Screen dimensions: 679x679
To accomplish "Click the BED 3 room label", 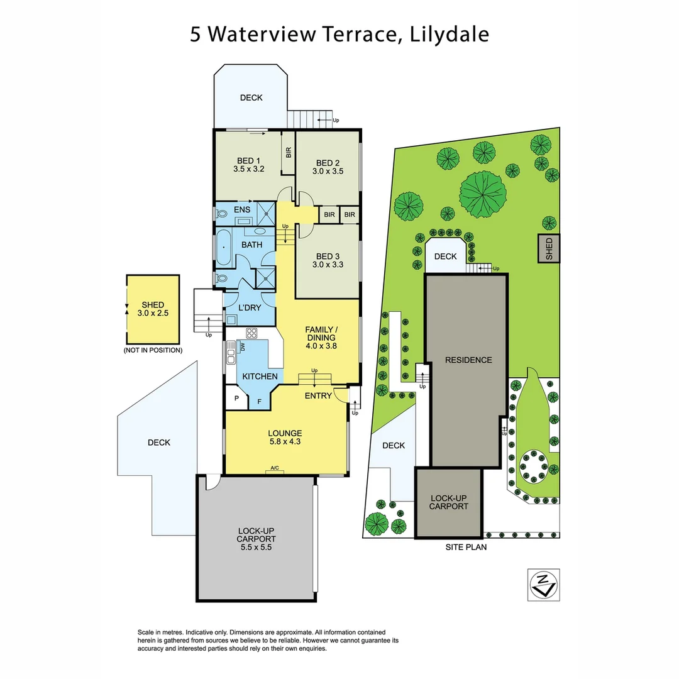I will [x=328, y=256].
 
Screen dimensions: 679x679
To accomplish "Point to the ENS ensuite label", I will [x=242, y=210].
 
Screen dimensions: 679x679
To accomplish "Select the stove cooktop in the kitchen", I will [x=252, y=334].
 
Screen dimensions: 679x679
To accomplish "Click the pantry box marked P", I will [x=237, y=399].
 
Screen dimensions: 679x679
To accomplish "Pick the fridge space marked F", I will [x=258, y=401].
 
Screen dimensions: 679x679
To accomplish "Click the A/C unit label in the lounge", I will [x=275, y=468].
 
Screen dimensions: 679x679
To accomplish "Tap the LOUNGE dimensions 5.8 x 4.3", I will [x=285, y=442].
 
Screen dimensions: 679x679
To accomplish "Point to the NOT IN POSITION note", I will [x=153, y=350].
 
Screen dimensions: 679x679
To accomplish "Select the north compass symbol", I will [x=542, y=585].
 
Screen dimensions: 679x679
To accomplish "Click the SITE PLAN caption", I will [x=466, y=547].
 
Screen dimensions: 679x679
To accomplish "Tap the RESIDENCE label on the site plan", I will [x=468, y=360].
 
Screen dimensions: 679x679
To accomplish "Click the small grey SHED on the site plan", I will [x=548, y=248].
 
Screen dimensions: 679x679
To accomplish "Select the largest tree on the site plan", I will [x=482, y=193].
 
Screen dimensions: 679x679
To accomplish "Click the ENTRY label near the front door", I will [x=317, y=395].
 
